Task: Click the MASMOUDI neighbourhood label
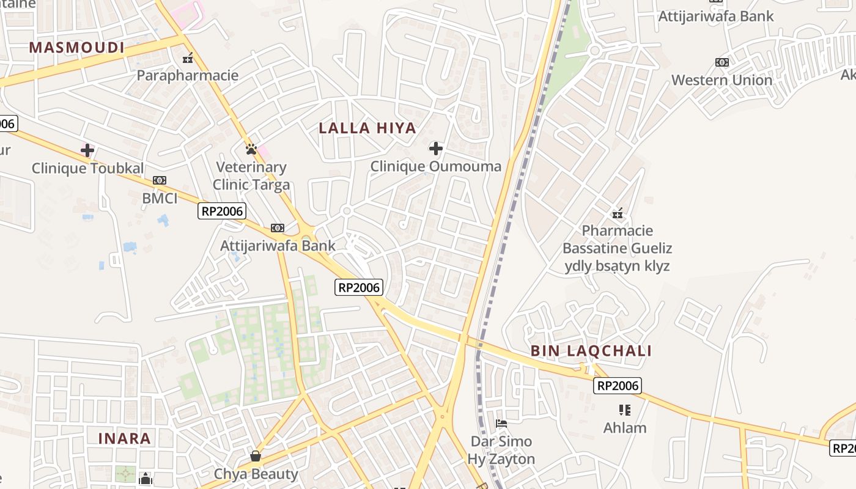pos(76,48)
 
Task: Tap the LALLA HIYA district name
pos(367,128)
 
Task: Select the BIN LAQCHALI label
pos(591,351)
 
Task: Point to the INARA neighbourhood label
pos(125,438)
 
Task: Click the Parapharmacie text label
pos(187,76)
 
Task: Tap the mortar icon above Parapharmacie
pos(188,58)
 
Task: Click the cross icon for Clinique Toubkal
pos(87,150)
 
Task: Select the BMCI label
pos(160,198)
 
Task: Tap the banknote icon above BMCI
pos(160,180)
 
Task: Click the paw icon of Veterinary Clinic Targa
pos(251,149)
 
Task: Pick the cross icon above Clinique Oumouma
pos(435,148)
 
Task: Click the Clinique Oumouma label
pos(435,166)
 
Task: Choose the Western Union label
pos(721,80)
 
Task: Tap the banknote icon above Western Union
pos(722,62)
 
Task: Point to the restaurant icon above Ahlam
pos(624,410)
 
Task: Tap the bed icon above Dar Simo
pos(501,423)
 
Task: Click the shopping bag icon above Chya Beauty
pos(256,456)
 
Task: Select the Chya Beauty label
pos(256,474)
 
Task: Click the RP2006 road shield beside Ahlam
pos(617,386)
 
